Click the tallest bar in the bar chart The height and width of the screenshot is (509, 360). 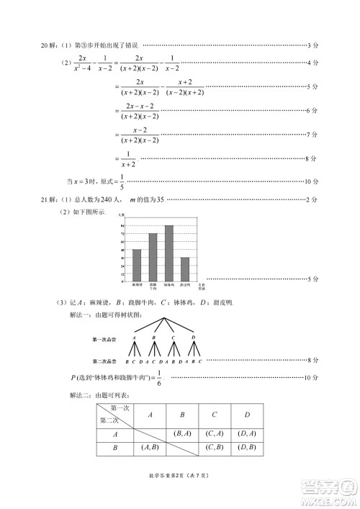(168, 253)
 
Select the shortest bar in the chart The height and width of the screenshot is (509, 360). (185, 269)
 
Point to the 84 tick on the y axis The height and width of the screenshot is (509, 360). (123, 225)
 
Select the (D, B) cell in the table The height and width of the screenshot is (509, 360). (246, 448)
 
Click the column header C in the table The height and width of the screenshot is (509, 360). (215, 415)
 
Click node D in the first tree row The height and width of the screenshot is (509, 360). (193, 337)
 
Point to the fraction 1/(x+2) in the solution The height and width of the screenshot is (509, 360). (127, 158)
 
